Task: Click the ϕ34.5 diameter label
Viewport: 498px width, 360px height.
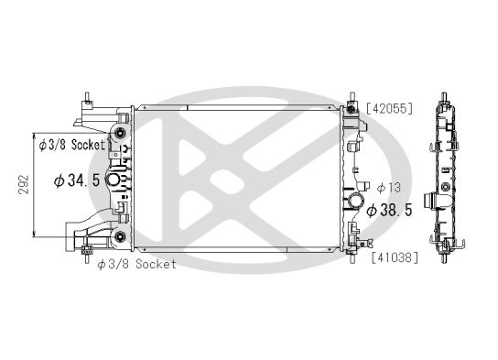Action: [77, 180]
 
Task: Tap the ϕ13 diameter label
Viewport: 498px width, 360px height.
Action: [387, 188]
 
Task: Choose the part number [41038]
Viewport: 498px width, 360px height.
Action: [394, 256]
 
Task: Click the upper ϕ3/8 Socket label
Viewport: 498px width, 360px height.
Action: [72, 144]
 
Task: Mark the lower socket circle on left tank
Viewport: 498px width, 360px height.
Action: [118, 239]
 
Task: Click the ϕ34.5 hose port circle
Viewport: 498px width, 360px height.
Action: [114, 180]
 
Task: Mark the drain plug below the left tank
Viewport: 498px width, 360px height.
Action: [87, 252]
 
